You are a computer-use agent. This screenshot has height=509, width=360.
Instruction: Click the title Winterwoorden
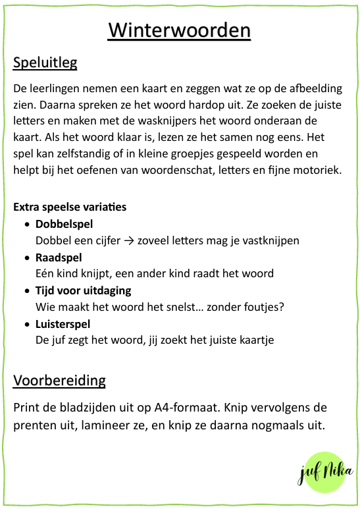click(179, 31)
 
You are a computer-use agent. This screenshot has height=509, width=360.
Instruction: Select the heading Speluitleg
click(45, 63)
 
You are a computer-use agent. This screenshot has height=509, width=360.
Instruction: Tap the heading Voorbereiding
click(59, 381)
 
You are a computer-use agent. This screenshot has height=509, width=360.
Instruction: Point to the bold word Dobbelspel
click(63, 224)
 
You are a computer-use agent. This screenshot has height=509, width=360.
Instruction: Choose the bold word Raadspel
click(58, 257)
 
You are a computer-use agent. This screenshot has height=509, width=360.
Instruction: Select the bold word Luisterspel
click(63, 324)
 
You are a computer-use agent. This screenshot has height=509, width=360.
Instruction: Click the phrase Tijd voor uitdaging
click(83, 290)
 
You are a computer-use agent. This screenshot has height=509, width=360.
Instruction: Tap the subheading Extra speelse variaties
click(70, 207)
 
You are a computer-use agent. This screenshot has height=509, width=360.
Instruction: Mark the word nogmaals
click(273, 425)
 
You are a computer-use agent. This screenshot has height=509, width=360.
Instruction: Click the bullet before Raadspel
click(26, 257)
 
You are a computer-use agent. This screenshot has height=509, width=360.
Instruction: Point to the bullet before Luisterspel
click(26, 325)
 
